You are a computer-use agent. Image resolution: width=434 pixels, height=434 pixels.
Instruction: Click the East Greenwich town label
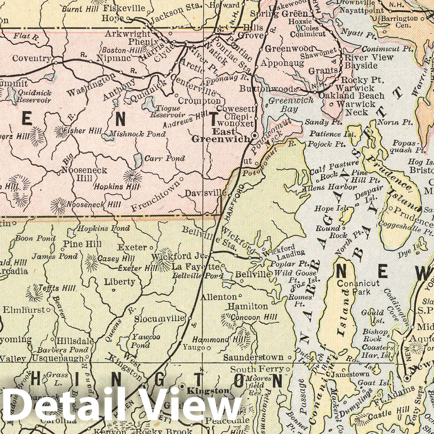tap(220, 135)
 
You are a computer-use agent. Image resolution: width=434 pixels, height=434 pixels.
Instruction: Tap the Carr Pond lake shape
tap(138, 160)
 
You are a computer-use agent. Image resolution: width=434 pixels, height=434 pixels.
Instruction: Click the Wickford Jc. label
tap(179, 256)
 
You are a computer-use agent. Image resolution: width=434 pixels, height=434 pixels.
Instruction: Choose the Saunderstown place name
tap(253, 358)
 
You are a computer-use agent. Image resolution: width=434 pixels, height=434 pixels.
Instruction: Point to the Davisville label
tap(206, 193)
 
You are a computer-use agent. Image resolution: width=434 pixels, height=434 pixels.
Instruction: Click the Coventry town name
tap(32, 58)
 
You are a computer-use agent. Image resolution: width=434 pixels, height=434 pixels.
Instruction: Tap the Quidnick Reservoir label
tap(34, 96)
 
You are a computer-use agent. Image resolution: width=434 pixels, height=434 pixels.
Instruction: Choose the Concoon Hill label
tap(254, 317)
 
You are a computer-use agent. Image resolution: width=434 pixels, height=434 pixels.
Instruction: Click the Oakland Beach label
tap(351, 96)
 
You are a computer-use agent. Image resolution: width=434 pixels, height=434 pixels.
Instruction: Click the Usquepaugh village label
tap(58, 358)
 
